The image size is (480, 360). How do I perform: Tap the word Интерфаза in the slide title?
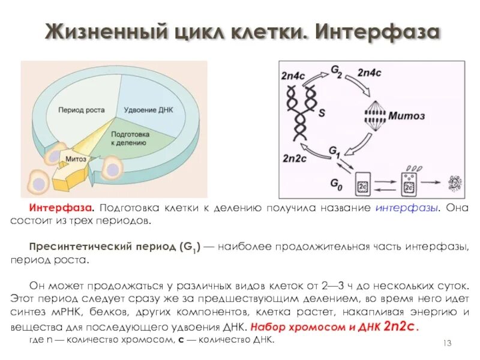click(x=377, y=31)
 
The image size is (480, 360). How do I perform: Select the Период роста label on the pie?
click(x=82, y=110)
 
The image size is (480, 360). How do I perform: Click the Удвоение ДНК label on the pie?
click(x=148, y=110)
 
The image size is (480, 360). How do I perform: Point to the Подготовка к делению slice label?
click(x=130, y=139)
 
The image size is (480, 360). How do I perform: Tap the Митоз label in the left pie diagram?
click(x=76, y=159)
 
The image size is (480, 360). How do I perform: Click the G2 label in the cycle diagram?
click(x=337, y=71)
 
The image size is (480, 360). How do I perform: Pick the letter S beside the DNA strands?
click(x=322, y=112)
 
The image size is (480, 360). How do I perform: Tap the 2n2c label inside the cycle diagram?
click(x=295, y=159)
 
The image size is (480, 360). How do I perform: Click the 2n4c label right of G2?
click(x=371, y=73)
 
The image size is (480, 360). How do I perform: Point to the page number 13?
click(x=446, y=343)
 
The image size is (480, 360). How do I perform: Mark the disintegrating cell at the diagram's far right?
click(x=457, y=181)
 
